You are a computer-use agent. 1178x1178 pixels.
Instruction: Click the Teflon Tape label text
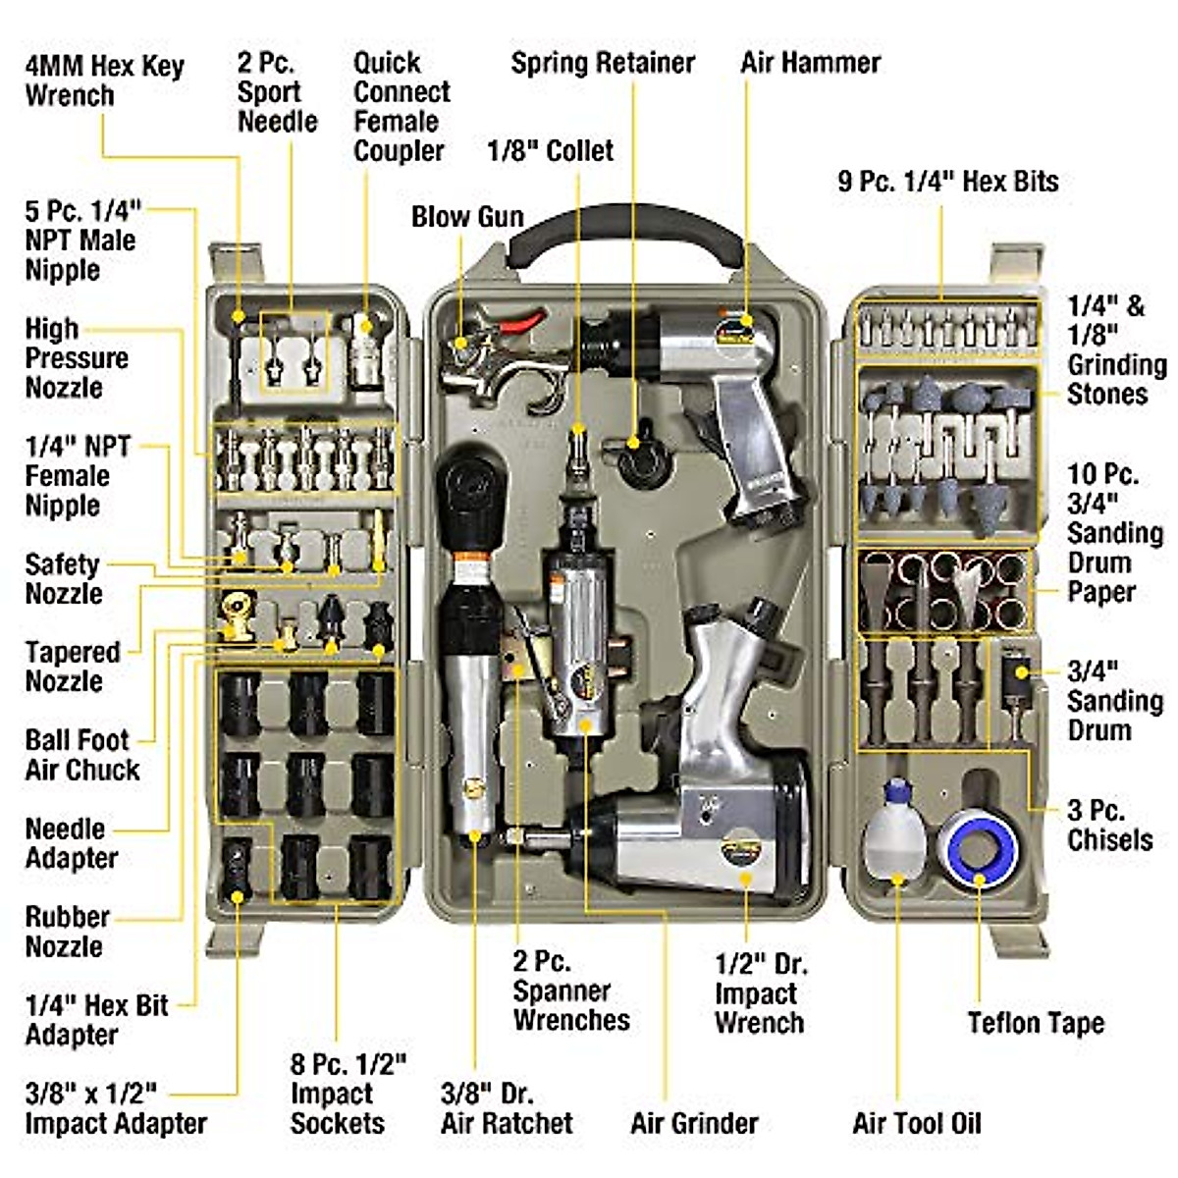(x=1036, y=1023)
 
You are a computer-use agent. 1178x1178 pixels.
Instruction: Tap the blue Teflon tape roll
(x=978, y=846)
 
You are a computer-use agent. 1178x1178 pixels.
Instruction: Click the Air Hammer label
(x=810, y=63)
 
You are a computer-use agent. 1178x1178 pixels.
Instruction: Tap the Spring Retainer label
(x=602, y=63)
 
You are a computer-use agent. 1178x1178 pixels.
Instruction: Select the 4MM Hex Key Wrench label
(x=104, y=80)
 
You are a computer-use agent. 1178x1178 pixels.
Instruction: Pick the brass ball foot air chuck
(x=236, y=616)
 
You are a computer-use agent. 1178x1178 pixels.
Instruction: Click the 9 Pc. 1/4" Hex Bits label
(x=947, y=182)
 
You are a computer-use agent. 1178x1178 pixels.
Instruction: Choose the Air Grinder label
(x=694, y=1123)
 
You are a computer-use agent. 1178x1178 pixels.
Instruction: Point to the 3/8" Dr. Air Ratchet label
(x=506, y=1108)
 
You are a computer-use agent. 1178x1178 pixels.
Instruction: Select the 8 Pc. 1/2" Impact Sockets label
(x=348, y=1094)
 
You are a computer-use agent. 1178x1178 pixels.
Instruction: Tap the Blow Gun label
(x=467, y=217)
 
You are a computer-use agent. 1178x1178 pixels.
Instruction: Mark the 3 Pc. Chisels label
(x=1109, y=826)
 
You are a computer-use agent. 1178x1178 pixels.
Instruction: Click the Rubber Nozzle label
(x=67, y=932)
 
